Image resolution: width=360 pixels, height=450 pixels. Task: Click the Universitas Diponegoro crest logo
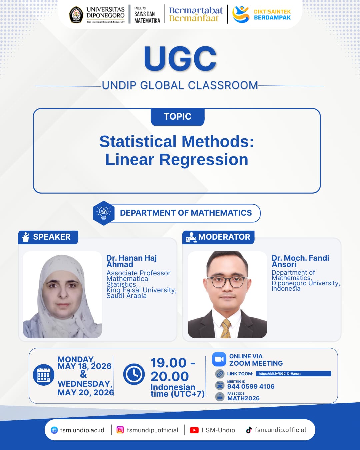point(76,14)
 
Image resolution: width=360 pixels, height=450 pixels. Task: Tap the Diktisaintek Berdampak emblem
point(241,14)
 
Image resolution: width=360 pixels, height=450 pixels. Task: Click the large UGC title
point(180,59)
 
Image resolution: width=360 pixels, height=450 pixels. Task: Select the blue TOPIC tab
point(178,117)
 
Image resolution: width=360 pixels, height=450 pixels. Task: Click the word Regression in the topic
point(204,160)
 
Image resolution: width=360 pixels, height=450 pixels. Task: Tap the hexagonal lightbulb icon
point(104,213)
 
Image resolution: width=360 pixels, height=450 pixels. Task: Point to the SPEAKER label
point(52,237)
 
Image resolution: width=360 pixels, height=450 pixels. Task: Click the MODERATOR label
point(224,237)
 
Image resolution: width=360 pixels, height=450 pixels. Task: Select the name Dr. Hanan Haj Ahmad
point(132,261)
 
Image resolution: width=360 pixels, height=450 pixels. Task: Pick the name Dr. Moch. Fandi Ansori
point(300,261)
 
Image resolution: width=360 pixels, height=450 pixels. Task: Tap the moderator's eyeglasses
point(227,282)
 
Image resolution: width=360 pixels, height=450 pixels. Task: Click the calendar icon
point(44,375)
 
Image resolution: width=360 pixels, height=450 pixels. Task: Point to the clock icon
point(134,374)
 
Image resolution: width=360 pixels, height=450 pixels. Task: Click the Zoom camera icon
point(219,359)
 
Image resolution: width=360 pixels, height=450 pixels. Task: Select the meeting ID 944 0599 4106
point(251,386)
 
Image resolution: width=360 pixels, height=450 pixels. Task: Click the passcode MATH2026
point(243,398)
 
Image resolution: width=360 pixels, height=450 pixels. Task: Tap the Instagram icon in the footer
point(120,430)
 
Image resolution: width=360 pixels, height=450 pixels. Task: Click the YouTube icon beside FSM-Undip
point(194,430)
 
